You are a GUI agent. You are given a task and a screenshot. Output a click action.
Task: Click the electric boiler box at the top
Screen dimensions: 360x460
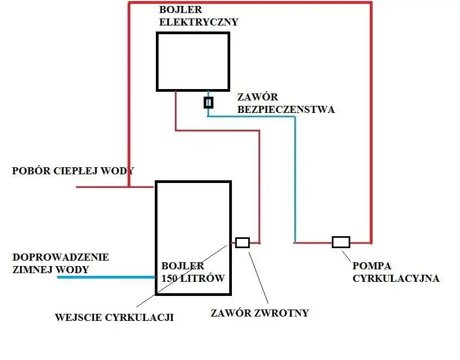pos(193,61)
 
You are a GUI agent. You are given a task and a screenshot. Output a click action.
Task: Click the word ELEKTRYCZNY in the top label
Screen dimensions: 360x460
pos(199,22)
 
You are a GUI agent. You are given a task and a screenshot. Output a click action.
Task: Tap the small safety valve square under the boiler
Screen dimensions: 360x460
pos(208,102)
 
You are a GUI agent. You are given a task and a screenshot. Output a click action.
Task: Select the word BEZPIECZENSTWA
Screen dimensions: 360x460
pos(286,110)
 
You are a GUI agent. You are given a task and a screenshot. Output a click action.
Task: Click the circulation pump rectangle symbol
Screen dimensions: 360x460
pos(341,242)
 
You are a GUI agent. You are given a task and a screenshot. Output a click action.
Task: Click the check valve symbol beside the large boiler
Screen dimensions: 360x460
pos(242,243)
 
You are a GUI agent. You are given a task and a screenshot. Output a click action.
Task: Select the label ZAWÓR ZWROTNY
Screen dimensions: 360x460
pos(259,313)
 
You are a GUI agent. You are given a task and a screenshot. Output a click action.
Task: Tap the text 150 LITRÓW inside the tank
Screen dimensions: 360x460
pos(193,278)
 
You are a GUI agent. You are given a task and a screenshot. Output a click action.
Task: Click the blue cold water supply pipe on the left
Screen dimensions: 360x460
pos(106,277)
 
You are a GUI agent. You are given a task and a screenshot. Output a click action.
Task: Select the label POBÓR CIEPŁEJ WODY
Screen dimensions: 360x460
pos(73,171)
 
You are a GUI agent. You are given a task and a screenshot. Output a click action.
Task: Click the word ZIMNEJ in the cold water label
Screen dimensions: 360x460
pos(33,269)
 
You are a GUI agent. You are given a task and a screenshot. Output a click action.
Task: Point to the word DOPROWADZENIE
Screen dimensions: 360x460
pos(61,257)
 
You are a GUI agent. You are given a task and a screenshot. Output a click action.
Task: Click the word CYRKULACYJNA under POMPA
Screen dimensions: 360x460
pos(396,279)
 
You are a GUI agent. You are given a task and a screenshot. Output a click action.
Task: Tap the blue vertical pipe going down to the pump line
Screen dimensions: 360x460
pos(295,179)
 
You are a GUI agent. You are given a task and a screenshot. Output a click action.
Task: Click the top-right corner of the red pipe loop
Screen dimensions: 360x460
pos(371,3)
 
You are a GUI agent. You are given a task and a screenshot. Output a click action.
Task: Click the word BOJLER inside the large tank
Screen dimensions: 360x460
pos(183,266)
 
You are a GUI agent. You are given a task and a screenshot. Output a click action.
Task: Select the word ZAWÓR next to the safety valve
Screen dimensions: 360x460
pos(258,97)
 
